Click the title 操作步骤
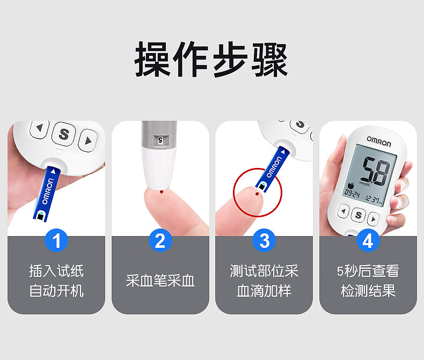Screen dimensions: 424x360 (x=211, y=60)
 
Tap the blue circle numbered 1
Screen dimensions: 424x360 (x=56, y=240)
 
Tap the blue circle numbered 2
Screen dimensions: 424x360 (x=160, y=240)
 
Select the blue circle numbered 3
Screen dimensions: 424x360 (x=264, y=240)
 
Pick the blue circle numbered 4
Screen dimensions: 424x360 (x=368, y=240)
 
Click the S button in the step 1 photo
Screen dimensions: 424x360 (x=64, y=134)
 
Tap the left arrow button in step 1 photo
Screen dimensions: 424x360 (x=40, y=128)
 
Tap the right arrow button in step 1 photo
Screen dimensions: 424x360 (x=88, y=141)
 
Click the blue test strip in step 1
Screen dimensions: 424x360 (x=46, y=194)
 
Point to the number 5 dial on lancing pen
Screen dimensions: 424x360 (x=160, y=139)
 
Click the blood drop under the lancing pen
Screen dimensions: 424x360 (x=162, y=192)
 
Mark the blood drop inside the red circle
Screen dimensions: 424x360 (x=257, y=194)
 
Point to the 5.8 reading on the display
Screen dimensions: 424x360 (x=376, y=171)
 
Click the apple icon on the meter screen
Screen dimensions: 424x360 (x=350, y=186)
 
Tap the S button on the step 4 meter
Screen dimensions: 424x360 (x=359, y=215)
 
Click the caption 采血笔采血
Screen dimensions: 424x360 (x=160, y=281)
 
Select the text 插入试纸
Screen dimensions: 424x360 (x=56, y=271)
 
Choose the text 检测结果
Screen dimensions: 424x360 (x=368, y=291)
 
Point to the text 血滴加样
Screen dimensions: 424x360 (x=264, y=291)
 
